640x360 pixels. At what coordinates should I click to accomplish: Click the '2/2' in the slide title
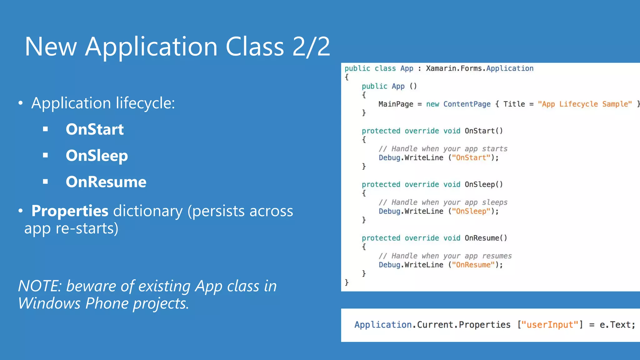[311, 47]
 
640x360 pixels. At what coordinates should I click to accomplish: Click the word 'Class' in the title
[255, 47]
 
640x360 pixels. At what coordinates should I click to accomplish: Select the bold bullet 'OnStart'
[95, 129]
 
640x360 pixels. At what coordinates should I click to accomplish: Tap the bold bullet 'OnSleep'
[97, 156]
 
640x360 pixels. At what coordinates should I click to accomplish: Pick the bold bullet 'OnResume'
[106, 182]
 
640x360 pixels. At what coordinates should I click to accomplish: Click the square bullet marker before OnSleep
[46, 155]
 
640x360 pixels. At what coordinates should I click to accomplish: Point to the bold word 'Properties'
[70, 211]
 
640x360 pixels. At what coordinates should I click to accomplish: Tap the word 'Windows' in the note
[49, 303]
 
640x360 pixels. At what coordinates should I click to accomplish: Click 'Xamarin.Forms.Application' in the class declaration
[480, 68]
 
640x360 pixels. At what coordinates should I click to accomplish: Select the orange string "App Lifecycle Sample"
[585, 104]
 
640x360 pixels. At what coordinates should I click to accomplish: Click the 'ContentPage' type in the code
[467, 104]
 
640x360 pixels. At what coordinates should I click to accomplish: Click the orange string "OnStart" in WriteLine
[471, 157]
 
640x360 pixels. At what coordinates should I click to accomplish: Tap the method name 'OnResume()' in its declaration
[486, 238]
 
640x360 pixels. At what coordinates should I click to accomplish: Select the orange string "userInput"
[550, 325]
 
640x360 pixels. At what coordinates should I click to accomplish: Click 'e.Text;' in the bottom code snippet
[617, 325]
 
